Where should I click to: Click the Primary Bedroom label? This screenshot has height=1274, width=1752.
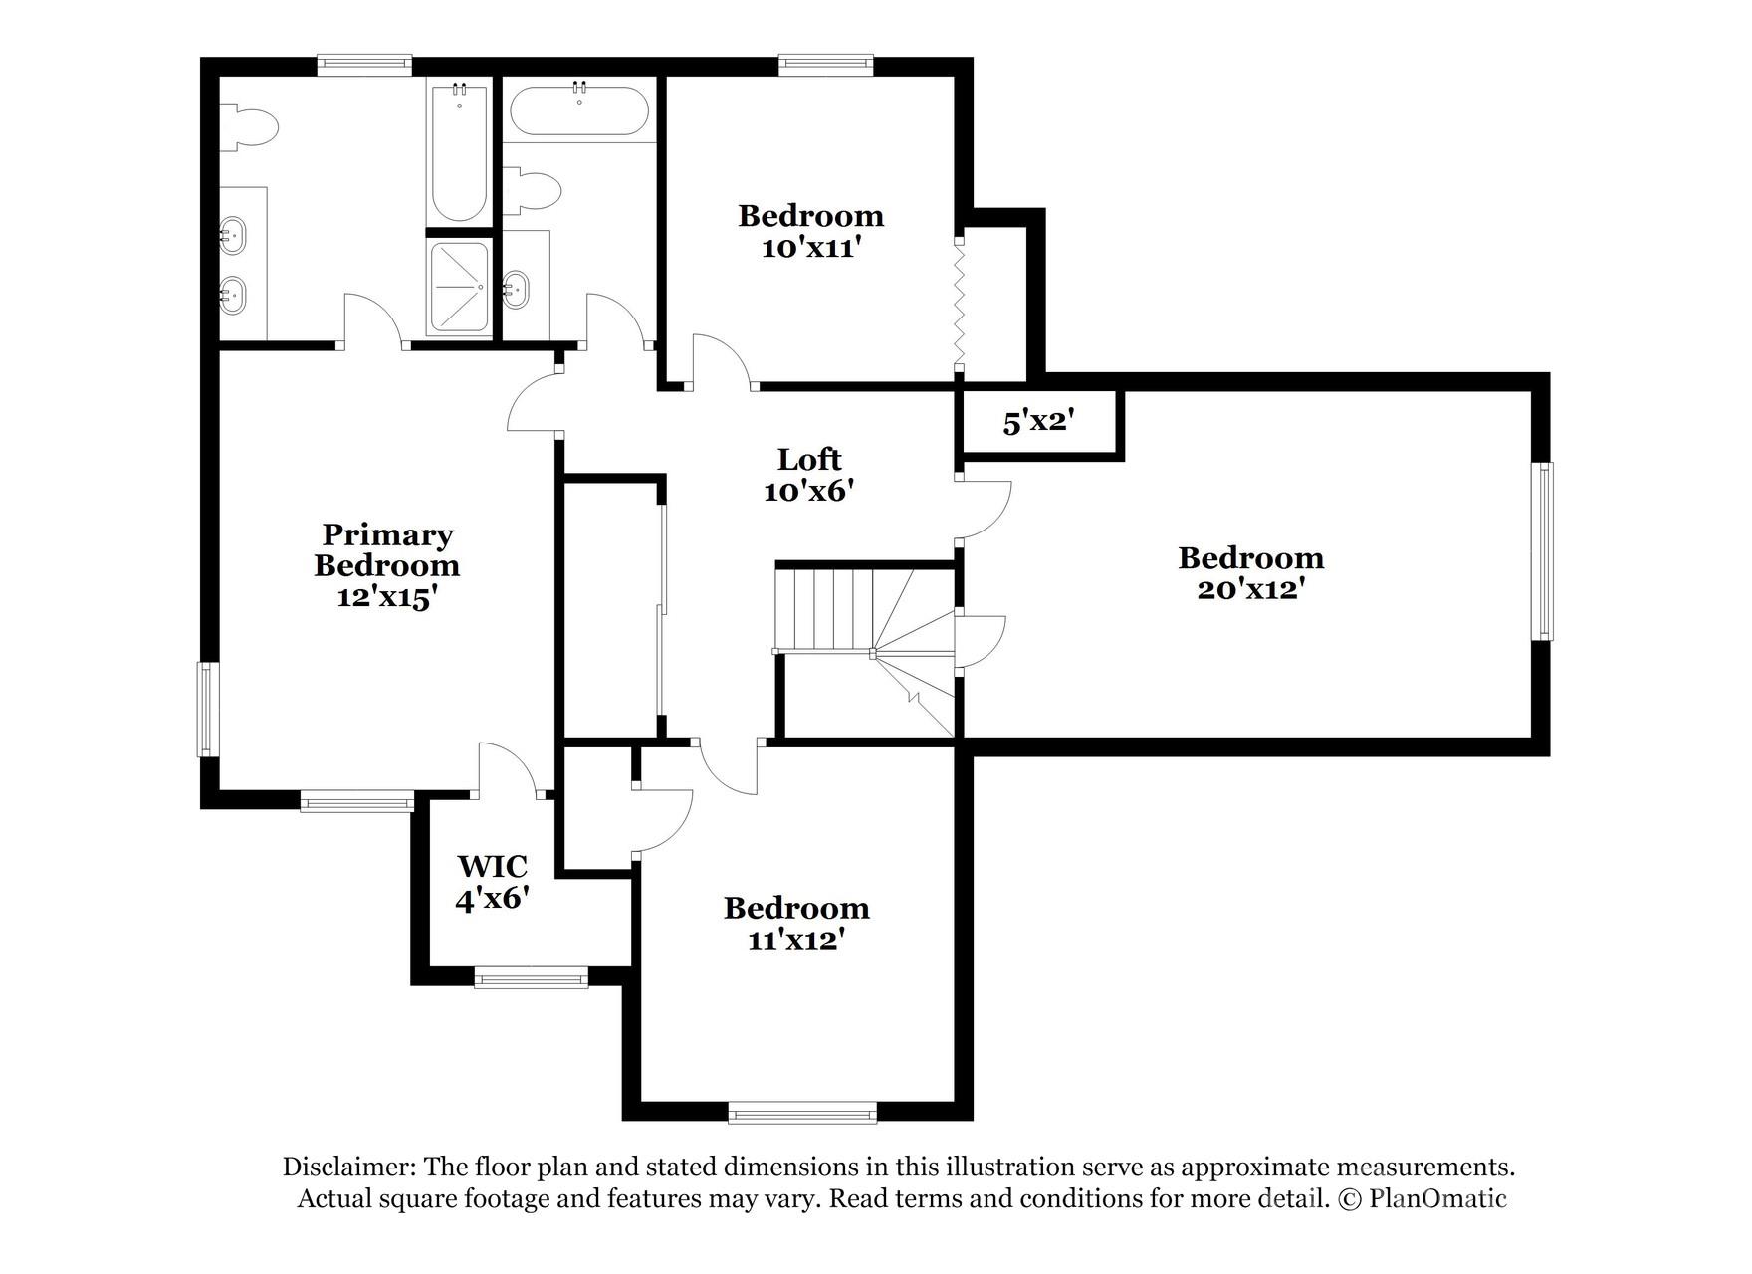coord(387,549)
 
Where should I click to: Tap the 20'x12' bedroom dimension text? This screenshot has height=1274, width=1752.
coord(1250,590)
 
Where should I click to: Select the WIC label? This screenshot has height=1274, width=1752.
coord(492,866)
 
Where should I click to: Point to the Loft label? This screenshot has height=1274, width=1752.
coord(809,460)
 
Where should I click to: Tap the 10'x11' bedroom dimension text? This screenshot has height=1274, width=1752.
coord(809,248)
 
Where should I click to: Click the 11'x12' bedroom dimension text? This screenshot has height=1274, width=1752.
coord(796,940)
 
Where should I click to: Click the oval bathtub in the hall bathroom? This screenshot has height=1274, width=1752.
coord(579,110)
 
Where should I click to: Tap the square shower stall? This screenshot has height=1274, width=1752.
coord(459,288)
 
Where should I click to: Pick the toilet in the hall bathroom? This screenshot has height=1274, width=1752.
coord(532,191)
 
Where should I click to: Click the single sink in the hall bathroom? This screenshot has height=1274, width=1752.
coord(516,290)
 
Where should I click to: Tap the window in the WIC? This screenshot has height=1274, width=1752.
coord(532,979)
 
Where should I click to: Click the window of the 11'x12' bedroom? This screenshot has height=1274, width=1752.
coord(802,1113)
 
